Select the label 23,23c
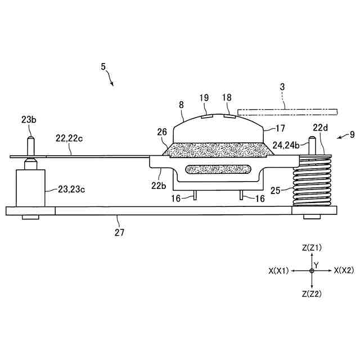tap(71, 190)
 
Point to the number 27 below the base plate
tap(119, 231)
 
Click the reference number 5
tap(103, 66)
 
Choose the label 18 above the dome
tap(227, 97)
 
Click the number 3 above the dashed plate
tap(282, 87)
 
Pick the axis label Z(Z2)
tap(312, 294)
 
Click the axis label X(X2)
tap(344, 271)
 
